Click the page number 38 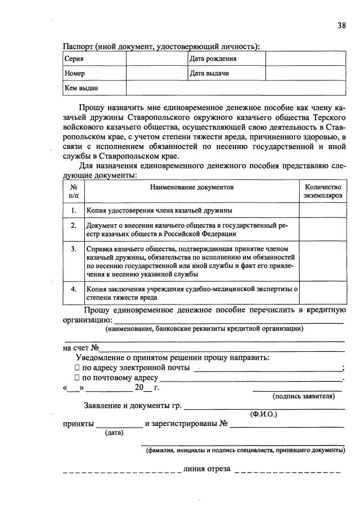(341, 25)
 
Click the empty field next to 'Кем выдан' (235, 88)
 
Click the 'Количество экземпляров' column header (322, 191)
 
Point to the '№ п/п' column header (74, 191)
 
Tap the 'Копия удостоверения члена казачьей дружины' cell (159, 210)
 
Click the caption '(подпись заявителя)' (304, 396)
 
